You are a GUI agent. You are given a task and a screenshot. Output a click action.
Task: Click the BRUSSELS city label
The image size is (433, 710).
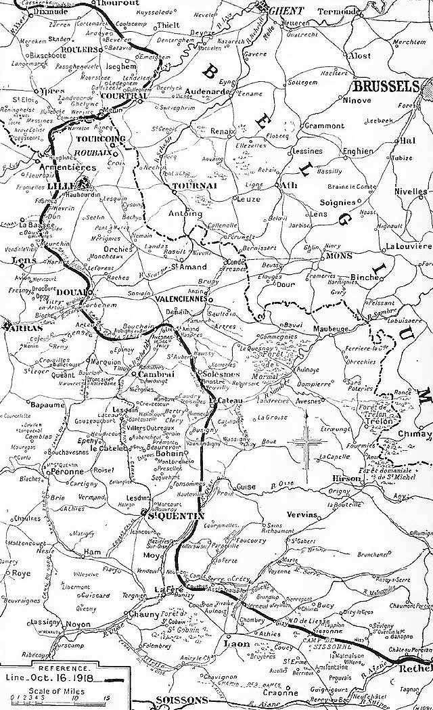pyautogui.click(x=381, y=86)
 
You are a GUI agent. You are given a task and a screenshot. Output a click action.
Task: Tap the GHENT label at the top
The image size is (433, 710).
pyautogui.click(x=283, y=10)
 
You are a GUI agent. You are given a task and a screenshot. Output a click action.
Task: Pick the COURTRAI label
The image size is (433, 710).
pyautogui.click(x=122, y=95)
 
